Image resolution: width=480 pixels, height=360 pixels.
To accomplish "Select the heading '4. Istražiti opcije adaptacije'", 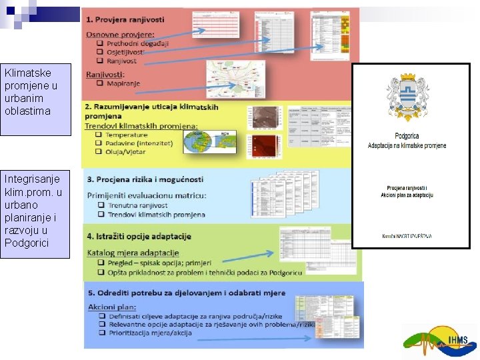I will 139,237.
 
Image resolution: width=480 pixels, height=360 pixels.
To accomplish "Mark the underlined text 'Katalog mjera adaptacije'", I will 133,253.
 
